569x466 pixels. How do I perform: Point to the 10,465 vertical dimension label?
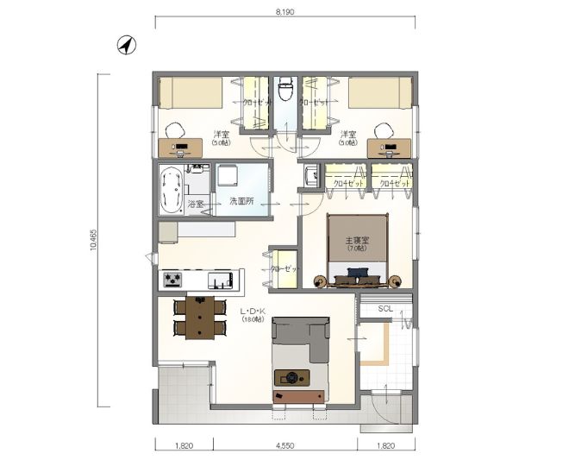coord(91,241)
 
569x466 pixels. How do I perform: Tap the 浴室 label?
coord(196,205)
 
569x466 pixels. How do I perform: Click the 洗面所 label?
coord(240,202)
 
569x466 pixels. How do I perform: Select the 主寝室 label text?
coord(357,240)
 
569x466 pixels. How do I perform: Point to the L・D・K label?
coord(252,311)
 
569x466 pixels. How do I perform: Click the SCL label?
coord(385,309)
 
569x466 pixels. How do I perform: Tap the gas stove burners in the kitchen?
coord(172,280)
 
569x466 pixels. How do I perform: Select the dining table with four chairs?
coord(200,318)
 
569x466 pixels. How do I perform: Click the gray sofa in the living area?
coord(299,337)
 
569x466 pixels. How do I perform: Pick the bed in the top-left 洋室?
coord(191,92)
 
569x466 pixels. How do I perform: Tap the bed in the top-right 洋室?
coord(379,92)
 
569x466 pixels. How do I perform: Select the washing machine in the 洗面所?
coord(229,177)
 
